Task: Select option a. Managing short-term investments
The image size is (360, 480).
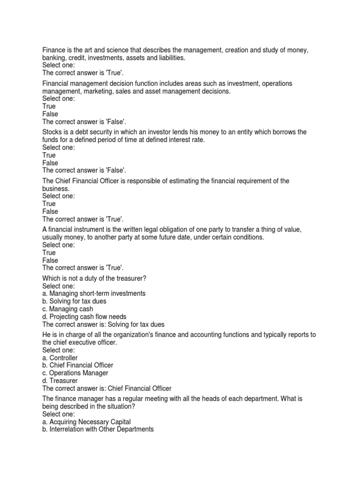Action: [x=94, y=293]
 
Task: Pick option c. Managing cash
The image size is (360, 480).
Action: [x=67, y=309]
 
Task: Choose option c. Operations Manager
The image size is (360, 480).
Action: [x=75, y=373]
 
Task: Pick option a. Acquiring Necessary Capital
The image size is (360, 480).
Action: [x=87, y=422]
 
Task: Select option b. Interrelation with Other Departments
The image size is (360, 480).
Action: [x=98, y=429]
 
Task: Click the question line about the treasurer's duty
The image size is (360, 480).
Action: [x=95, y=278]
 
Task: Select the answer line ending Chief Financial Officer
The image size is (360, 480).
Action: [x=107, y=389]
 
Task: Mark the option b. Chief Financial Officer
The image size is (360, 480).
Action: [x=78, y=365]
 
